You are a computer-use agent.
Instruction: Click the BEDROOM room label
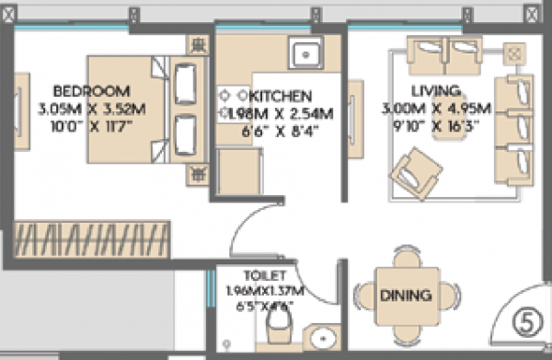[x=91, y=91]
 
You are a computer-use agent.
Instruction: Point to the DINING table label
[x=406, y=296]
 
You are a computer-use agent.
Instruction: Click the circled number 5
[x=523, y=323]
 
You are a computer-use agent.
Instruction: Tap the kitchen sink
[x=305, y=56]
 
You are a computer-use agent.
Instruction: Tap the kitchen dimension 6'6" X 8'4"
[x=282, y=130]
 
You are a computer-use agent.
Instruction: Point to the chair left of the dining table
[x=362, y=296]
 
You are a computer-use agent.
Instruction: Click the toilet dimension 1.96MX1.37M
[x=265, y=291]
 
